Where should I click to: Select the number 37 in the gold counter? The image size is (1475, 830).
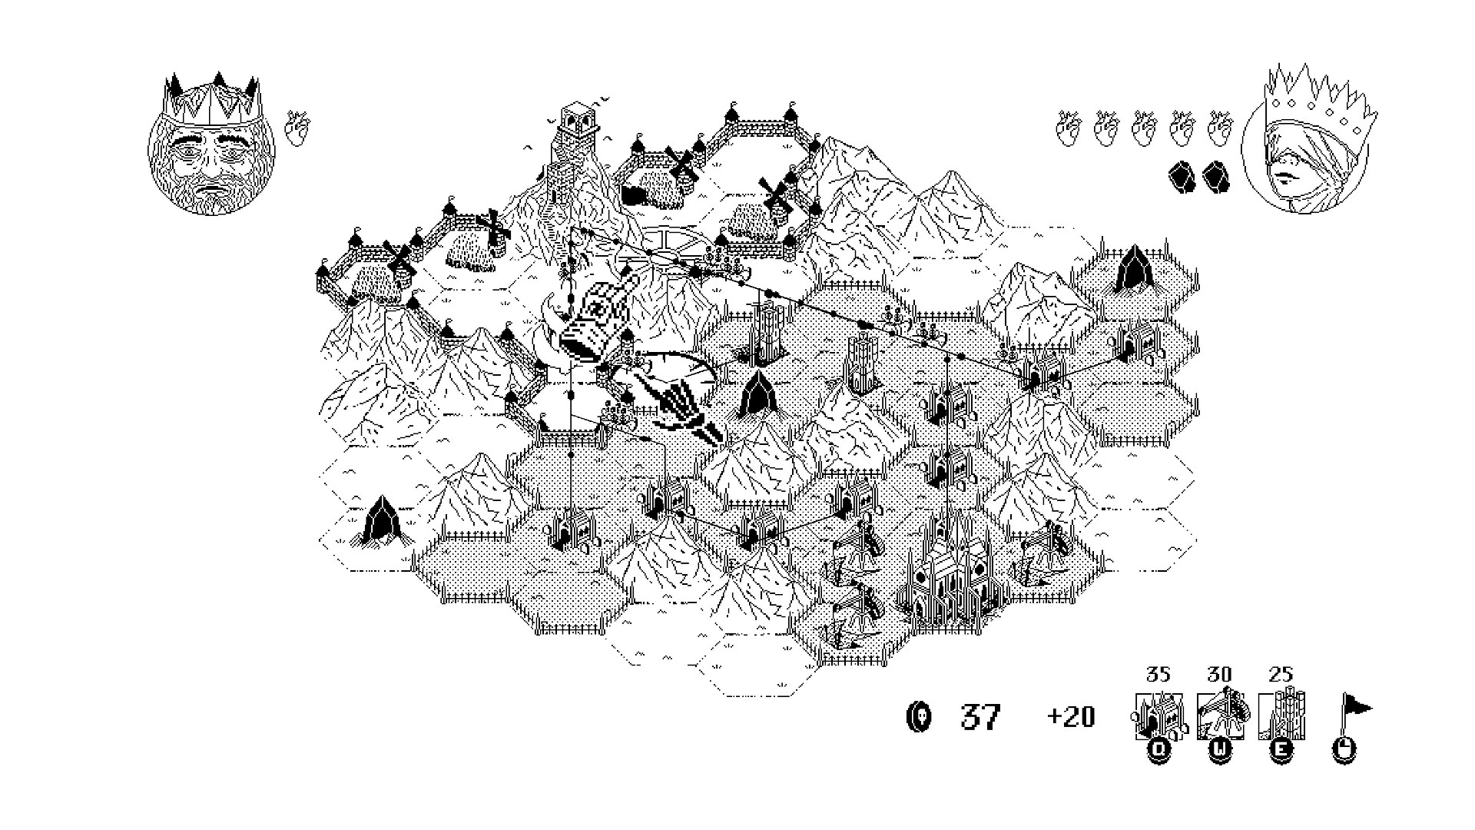(x=981, y=717)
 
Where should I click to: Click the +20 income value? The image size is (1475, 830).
(x=1071, y=717)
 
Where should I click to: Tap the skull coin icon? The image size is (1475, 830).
(x=920, y=717)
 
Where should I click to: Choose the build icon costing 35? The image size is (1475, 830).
(x=1158, y=717)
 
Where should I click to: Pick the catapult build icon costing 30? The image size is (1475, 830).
(x=1220, y=715)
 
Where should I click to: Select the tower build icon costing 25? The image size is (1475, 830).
(x=1281, y=716)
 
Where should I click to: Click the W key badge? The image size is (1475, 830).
(x=1220, y=751)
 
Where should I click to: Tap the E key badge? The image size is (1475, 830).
(x=1281, y=751)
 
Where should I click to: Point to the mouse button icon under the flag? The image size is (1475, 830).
(x=1343, y=751)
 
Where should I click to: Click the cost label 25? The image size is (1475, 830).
(x=1281, y=674)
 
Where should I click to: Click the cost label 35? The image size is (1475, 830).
(x=1158, y=674)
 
